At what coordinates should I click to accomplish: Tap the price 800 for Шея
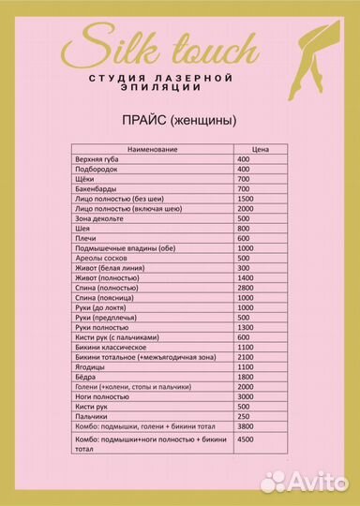point(245,228)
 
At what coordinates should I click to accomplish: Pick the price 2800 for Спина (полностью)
point(247,288)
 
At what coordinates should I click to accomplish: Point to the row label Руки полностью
point(100,327)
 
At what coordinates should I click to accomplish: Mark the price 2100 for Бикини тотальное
point(247,357)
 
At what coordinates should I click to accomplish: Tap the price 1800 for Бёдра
point(247,377)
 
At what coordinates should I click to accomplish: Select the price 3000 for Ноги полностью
point(247,396)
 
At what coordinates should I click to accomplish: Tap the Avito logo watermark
point(306,482)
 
